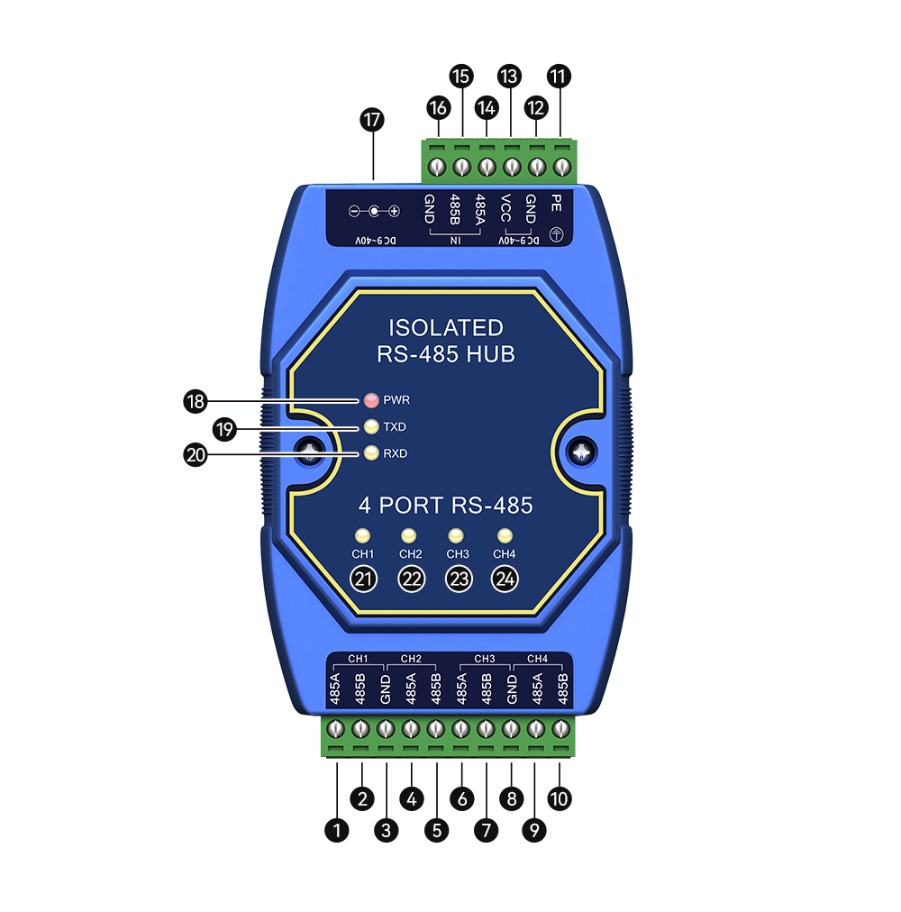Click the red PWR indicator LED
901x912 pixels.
371,400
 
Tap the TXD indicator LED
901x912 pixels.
371,426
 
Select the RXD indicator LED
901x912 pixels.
371,453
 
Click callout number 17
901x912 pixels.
372,121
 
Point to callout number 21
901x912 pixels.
363,579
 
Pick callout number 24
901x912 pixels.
505,579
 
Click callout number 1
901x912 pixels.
337,830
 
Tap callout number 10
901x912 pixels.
560,798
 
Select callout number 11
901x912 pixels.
560,77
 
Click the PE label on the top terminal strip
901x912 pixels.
556,203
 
